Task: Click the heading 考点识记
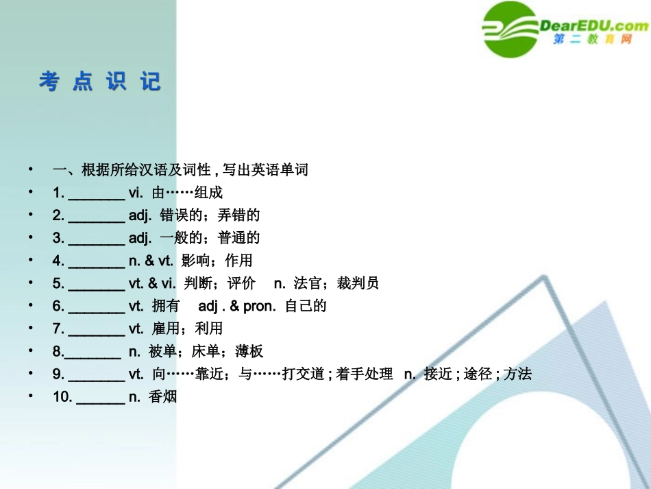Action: (100, 82)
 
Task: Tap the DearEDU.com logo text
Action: (593, 26)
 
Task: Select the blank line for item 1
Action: (97, 194)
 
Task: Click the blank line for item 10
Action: (100, 397)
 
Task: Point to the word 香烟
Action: (163, 396)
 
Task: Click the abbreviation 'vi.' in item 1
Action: (136, 193)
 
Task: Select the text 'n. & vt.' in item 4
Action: (150, 261)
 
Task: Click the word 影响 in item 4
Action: (195, 261)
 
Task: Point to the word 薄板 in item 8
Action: (249, 351)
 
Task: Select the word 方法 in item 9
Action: (517, 374)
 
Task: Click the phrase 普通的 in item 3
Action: (239, 238)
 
